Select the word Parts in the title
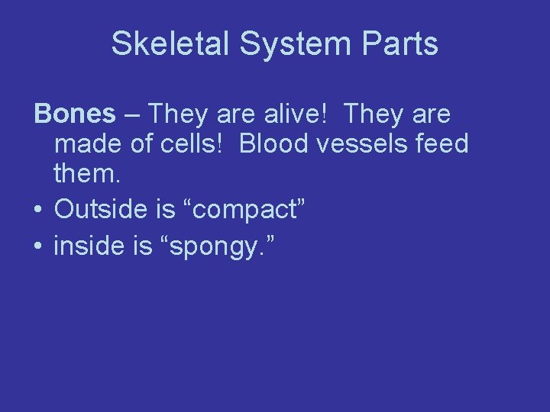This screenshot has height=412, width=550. click(401, 43)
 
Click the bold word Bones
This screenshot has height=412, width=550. click(74, 114)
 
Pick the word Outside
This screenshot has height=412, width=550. click(100, 208)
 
